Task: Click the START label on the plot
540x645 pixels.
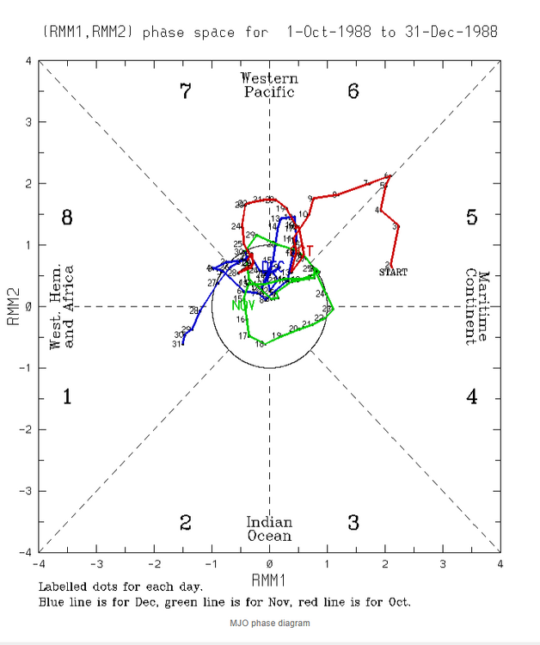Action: pos(393,272)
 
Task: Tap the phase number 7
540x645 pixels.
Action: pos(185,90)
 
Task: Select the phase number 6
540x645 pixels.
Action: pos(353,90)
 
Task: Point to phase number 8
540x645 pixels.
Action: pos(67,218)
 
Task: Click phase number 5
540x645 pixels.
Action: pos(471,218)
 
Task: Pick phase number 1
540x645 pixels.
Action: pos(67,396)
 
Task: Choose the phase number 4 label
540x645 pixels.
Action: pos(471,396)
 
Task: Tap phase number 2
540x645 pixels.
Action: pos(185,523)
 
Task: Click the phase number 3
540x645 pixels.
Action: pos(353,523)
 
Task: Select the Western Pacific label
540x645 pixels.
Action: pos(269,85)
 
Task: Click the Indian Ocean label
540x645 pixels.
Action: pos(269,529)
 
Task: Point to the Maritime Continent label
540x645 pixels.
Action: pos(477,307)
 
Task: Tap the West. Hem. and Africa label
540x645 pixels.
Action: pos(62,307)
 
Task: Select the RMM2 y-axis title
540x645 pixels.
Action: pos(14,307)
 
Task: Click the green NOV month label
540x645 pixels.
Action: pos(242,305)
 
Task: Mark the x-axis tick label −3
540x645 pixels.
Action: pos(96,564)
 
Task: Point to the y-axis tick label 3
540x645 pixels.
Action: pos(28,123)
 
